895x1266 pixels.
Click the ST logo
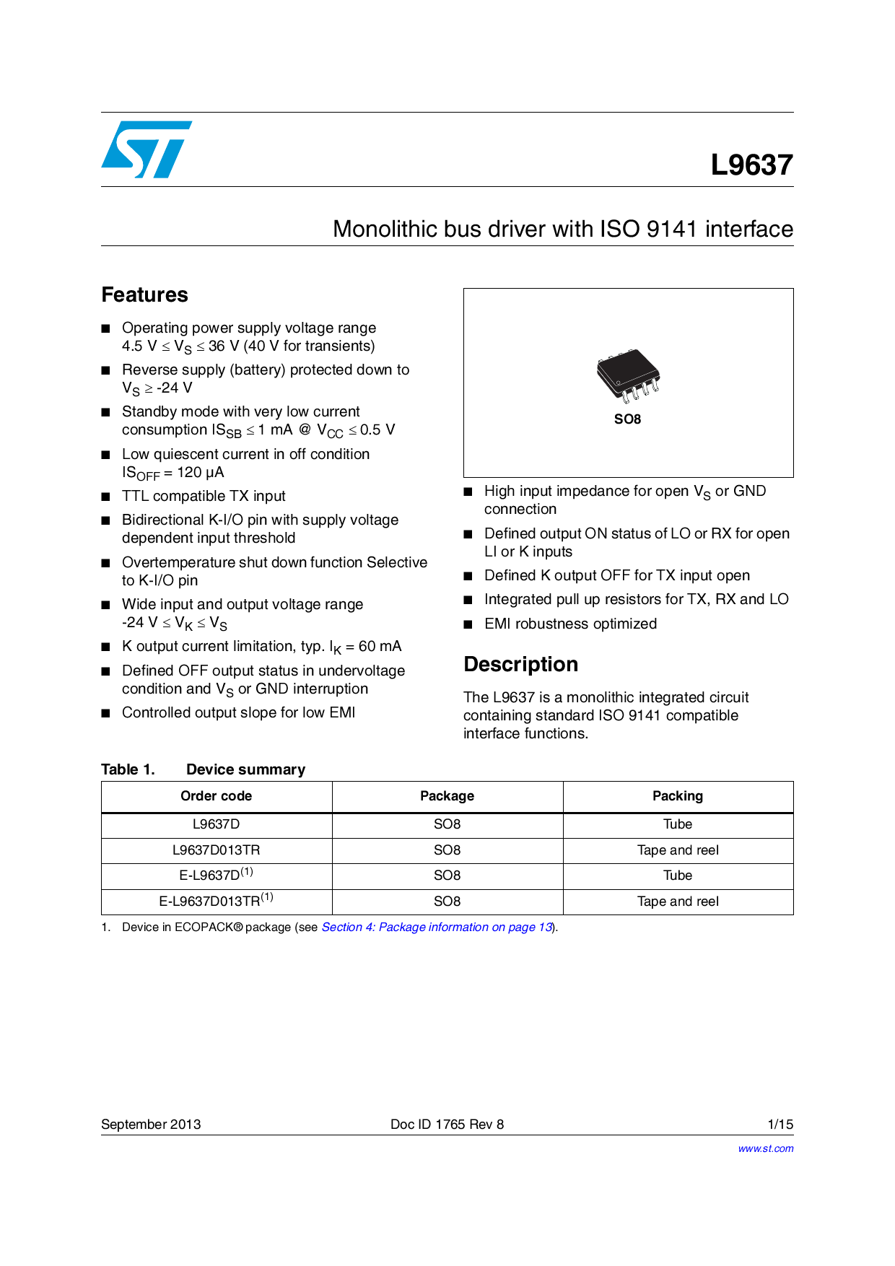(x=147, y=149)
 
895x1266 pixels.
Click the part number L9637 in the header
(x=751, y=165)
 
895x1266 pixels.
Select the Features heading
(x=144, y=294)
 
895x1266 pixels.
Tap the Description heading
(x=520, y=664)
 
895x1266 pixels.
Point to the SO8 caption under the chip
(x=627, y=419)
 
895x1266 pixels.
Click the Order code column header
(x=216, y=796)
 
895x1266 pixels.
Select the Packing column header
(x=677, y=796)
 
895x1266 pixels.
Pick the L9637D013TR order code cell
(x=216, y=850)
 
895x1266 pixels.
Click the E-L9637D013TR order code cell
(x=216, y=901)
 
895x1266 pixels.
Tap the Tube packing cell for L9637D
(x=677, y=824)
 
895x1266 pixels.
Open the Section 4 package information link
(x=437, y=927)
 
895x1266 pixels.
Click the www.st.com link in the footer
(x=765, y=1148)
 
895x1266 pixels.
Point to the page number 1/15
(x=780, y=1125)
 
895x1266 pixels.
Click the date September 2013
(x=151, y=1125)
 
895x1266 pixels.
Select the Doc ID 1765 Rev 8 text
(x=447, y=1125)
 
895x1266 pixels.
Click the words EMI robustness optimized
(x=570, y=624)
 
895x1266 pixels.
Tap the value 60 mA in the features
(x=380, y=647)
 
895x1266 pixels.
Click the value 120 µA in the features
(x=201, y=473)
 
